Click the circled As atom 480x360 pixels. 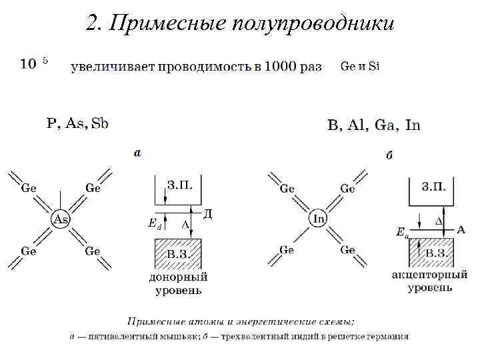61,219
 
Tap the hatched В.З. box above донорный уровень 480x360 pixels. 177,253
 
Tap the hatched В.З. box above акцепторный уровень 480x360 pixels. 432,253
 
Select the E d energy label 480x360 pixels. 153,225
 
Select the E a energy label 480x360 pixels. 401,231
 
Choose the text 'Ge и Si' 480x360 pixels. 359,66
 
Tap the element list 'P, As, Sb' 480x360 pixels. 77,123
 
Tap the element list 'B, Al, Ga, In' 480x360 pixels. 373,125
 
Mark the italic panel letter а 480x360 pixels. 137,153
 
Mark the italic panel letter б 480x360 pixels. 389,155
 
